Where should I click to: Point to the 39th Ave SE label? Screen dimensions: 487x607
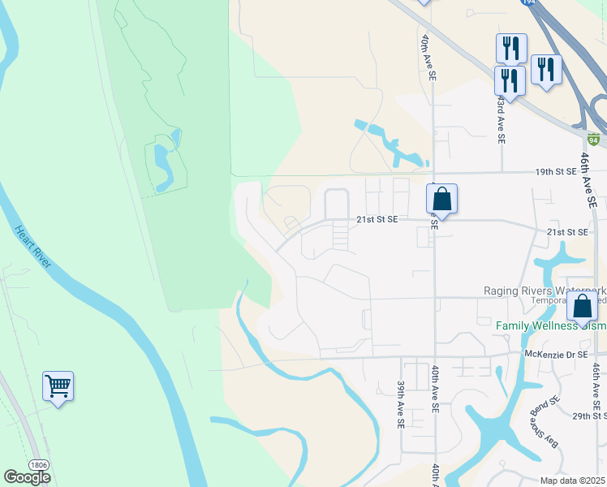click(x=401, y=405)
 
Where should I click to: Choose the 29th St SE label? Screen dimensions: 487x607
click(x=589, y=416)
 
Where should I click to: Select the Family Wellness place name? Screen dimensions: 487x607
click(x=539, y=326)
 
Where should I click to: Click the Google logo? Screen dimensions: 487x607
click(x=27, y=477)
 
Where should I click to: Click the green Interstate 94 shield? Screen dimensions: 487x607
click(x=594, y=140)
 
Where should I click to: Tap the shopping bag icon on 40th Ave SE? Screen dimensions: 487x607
click(x=441, y=199)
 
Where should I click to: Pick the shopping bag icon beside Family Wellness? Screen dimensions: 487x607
click(x=582, y=308)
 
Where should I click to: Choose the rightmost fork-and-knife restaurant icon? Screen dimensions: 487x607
click(x=546, y=69)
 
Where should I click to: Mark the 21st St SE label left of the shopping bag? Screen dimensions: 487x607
click(x=377, y=219)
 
